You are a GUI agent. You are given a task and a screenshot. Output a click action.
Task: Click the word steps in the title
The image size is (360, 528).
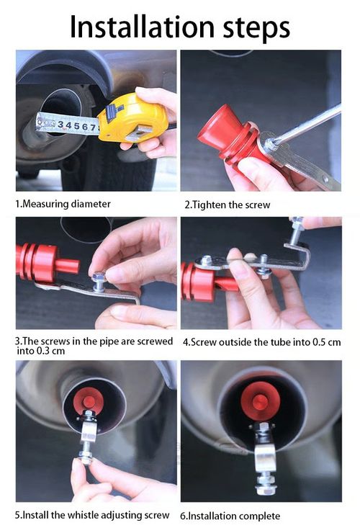(253, 29)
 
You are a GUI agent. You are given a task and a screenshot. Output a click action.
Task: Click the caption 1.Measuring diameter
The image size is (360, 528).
(63, 204)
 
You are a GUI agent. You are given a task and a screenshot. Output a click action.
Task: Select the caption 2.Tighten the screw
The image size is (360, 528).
(227, 205)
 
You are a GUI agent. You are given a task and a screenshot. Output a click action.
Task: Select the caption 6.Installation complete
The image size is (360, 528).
(230, 516)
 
